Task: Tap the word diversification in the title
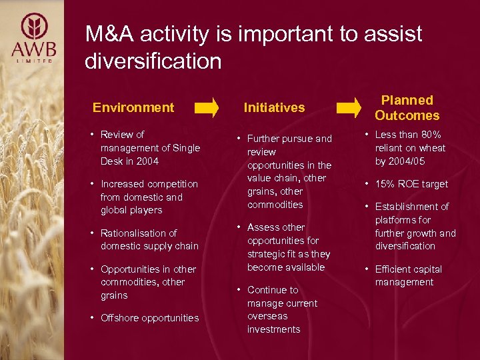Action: (x=153, y=61)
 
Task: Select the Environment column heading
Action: (x=133, y=107)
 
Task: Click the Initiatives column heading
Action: (x=274, y=107)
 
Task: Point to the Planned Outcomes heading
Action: (x=407, y=107)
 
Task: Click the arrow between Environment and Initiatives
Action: (x=206, y=107)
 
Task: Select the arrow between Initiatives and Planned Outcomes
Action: (x=349, y=107)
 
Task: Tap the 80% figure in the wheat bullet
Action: (x=429, y=135)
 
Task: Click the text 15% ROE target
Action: (x=411, y=184)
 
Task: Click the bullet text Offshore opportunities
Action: (x=149, y=318)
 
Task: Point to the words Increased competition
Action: (x=149, y=184)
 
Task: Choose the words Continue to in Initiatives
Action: (x=273, y=290)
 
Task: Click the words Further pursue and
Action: (x=289, y=139)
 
